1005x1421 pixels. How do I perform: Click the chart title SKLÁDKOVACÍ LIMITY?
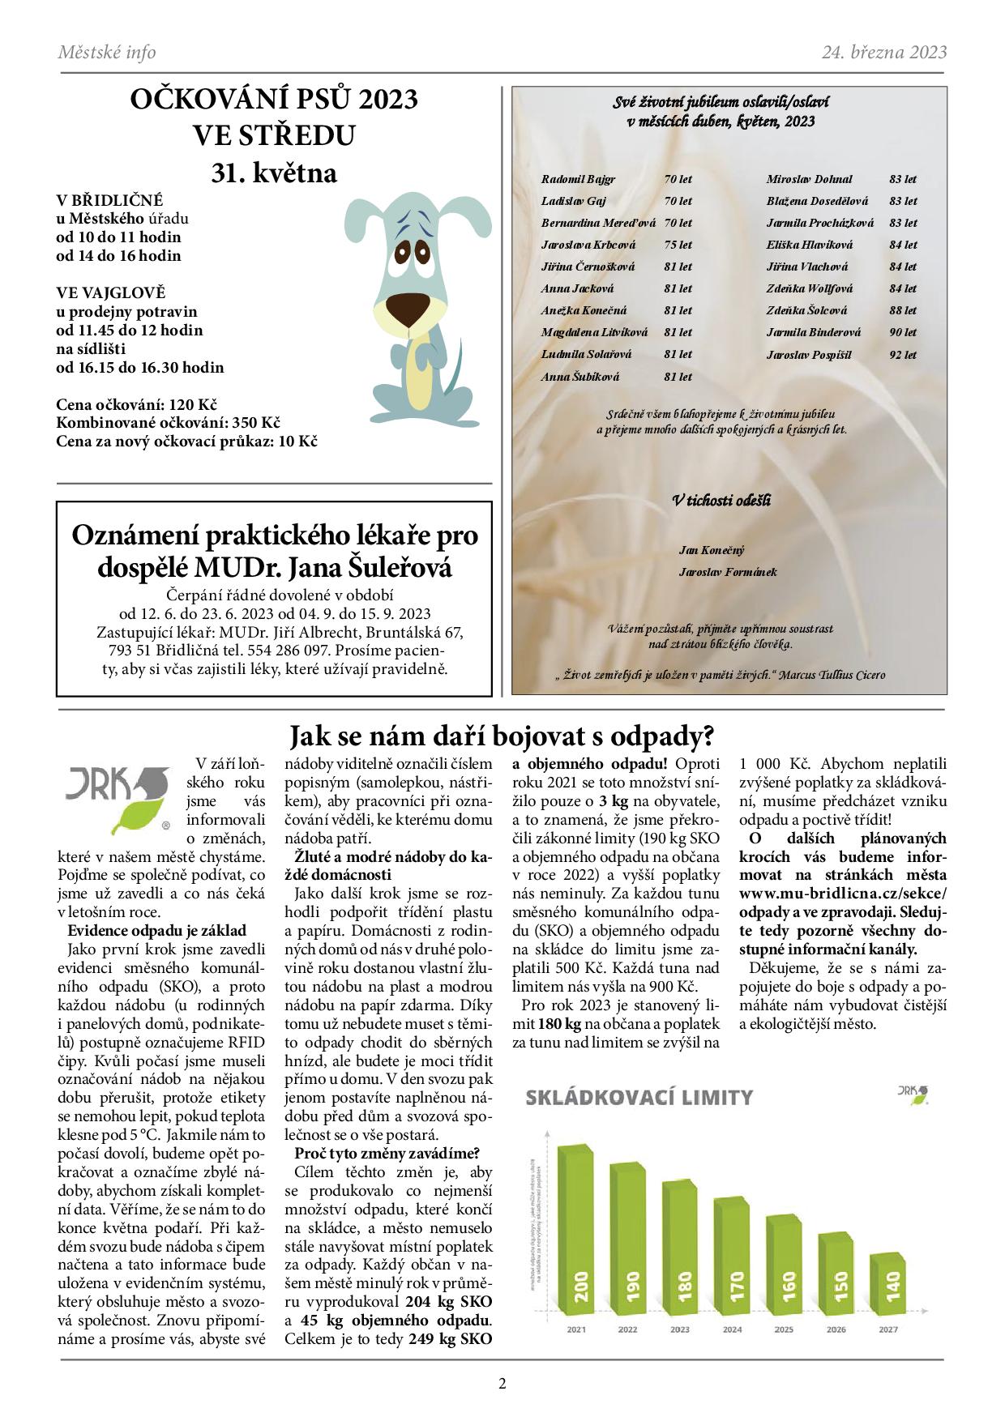[x=639, y=1098]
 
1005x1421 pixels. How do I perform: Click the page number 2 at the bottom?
[x=502, y=1383]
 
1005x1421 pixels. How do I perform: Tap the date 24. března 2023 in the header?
[x=883, y=53]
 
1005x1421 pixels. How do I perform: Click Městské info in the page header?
[x=107, y=53]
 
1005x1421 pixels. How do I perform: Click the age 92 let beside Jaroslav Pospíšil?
[x=903, y=355]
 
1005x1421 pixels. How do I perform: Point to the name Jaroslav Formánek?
[x=728, y=572]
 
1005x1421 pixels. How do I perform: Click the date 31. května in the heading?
[x=274, y=173]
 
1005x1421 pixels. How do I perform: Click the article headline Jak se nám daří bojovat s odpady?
[x=502, y=736]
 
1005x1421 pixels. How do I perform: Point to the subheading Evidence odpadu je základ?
[x=157, y=931]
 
